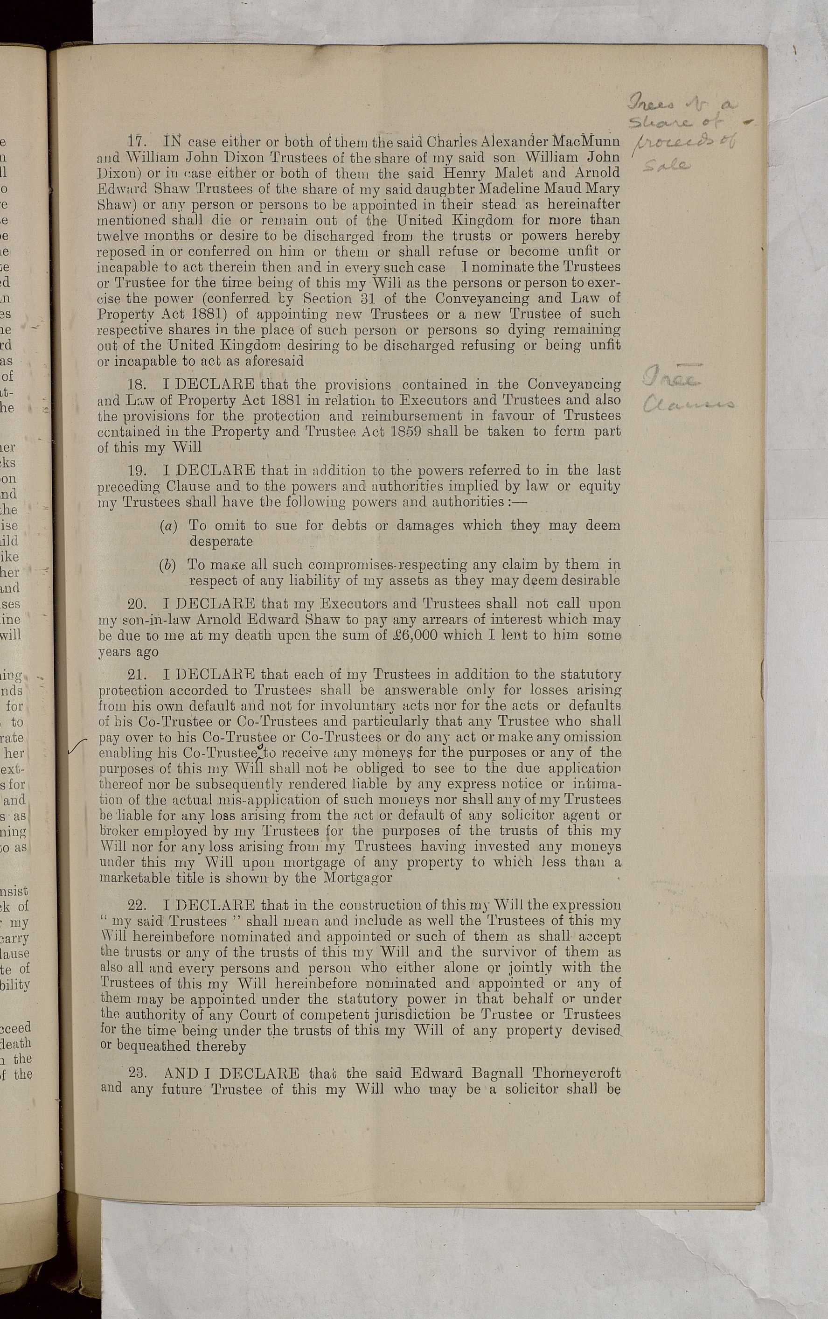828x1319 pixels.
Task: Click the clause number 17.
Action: [x=136, y=141]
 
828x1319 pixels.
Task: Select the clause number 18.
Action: [x=136, y=384]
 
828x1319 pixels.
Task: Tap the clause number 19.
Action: [x=136, y=470]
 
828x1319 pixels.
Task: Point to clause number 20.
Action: [x=136, y=604]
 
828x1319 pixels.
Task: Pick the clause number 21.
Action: [x=136, y=674]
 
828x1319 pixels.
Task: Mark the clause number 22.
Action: [x=136, y=904]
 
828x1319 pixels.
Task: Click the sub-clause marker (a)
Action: [x=168, y=526]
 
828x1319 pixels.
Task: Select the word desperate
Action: [x=221, y=541]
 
